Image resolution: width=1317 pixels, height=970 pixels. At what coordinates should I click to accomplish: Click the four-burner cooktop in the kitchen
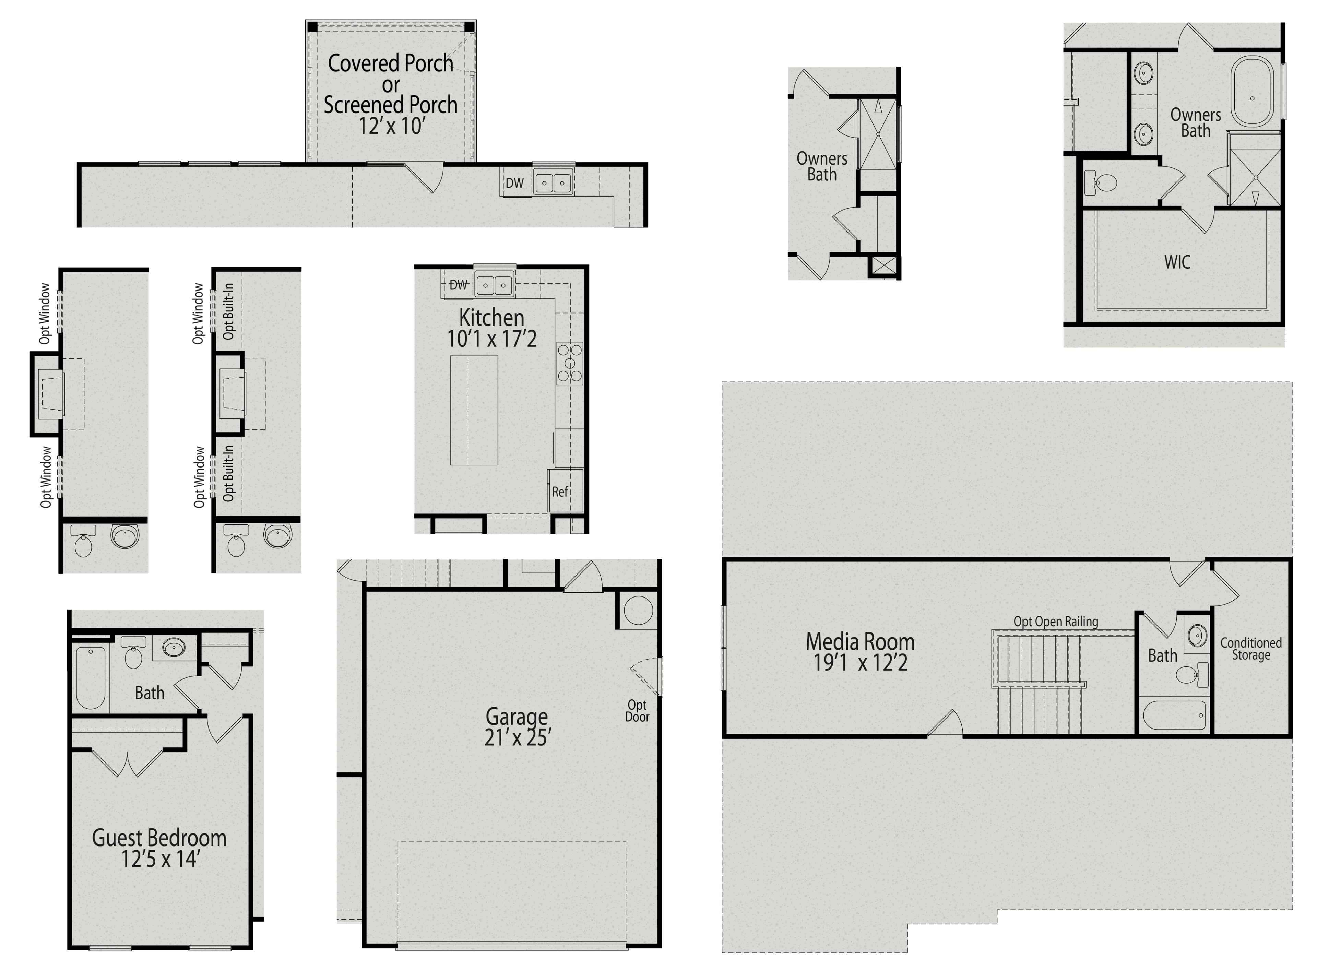[570, 364]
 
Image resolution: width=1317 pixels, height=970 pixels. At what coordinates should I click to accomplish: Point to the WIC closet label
[1177, 262]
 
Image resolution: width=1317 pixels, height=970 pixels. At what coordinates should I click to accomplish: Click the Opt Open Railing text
[1055, 621]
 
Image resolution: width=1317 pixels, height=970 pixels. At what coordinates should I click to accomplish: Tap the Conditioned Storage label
[1251, 649]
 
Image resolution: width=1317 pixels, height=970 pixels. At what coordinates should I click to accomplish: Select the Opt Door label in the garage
[637, 710]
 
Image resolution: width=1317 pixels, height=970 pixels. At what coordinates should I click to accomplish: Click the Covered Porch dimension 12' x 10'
[390, 126]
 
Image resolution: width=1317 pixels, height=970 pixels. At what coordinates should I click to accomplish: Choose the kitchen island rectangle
[474, 410]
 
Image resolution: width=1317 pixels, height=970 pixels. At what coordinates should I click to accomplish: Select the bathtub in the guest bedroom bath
[91, 677]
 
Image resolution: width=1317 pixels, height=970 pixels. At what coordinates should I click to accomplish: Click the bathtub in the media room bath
[1174, 714]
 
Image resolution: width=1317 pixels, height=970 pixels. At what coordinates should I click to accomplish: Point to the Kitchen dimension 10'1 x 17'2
[492, 339]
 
